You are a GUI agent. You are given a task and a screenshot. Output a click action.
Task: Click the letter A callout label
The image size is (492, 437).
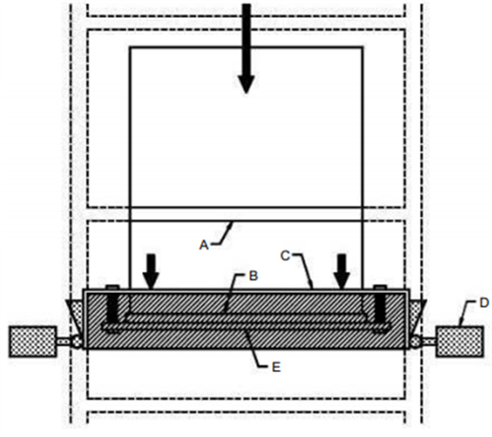click(x=204, y=245)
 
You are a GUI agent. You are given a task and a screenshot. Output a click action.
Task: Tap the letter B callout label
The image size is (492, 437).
click(x=253, y=276)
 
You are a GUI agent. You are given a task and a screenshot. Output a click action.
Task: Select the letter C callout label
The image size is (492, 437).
click(x=285, y=255)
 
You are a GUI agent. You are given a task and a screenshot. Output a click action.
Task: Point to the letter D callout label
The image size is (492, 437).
click(x=484, y=303)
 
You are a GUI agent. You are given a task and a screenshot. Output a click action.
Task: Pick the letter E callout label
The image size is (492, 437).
click(x=276, y=367)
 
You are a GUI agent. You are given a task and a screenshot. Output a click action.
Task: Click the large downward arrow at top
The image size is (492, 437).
click(x=246, y=48)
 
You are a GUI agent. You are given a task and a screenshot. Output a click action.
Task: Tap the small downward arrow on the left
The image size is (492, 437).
click(x=151, y=271)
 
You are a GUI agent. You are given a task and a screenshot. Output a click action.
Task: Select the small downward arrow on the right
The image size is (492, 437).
click(x=342, y=271)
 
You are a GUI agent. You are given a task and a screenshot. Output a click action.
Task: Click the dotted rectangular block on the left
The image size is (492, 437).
click(x=33, y=341)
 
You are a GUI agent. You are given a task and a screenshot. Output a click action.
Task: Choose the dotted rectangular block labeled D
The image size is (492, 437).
click(x=459, y=341)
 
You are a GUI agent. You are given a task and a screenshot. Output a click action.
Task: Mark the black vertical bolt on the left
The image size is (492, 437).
click(x=112, y=307)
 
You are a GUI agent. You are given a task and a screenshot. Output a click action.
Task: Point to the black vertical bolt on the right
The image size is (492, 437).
click(x=381, y=307)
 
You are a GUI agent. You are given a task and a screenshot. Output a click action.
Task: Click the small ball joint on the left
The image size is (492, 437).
click(x=78, y=341)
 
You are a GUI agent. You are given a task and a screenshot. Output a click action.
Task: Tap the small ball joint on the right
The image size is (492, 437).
click(x=415, y=341)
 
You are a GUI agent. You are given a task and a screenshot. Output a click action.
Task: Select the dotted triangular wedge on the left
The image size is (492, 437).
click(x=77, y=315)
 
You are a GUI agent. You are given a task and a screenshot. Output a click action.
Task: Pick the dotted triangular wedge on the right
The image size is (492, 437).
click(x=417, y=315)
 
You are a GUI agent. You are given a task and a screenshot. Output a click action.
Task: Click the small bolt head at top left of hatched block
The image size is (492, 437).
click(x=112, y=287)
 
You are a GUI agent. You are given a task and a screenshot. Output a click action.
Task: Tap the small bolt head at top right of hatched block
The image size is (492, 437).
click(x=381, y=287)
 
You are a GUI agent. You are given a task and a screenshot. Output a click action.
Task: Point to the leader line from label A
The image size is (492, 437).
click(x=223, y=235)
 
